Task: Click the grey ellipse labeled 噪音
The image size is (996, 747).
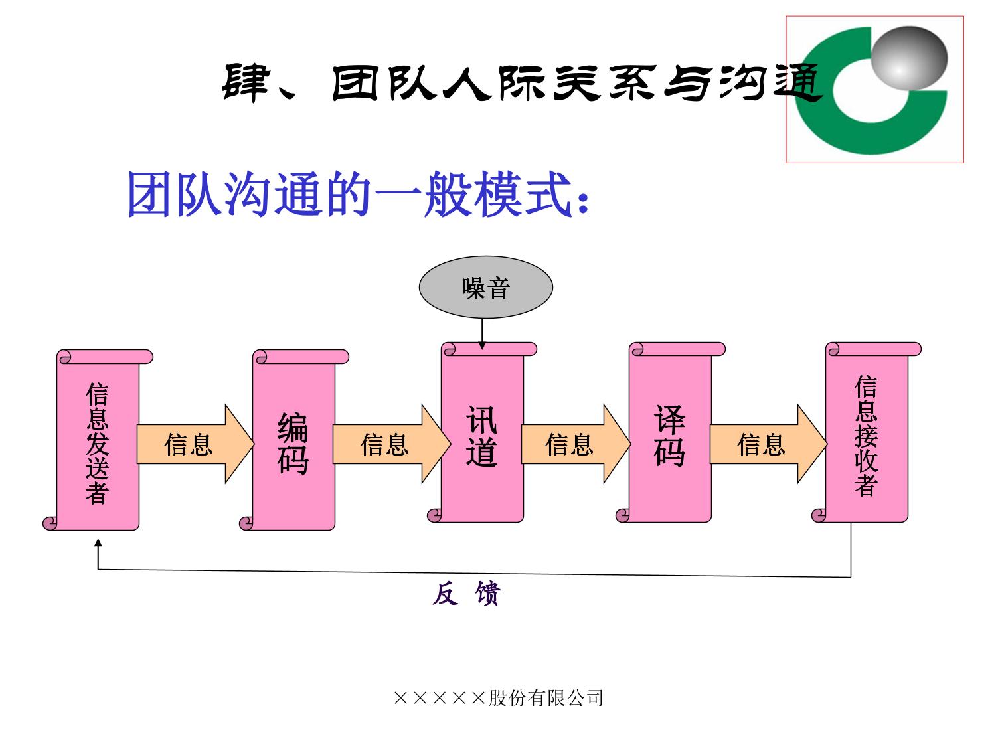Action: coord(485,288)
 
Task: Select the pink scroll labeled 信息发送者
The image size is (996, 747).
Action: coord(97,442)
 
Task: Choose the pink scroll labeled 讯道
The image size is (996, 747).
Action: coord(482,435)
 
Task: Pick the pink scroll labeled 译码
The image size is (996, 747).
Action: coord(669,435)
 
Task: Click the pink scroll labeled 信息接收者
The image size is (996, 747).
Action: coord(866,435)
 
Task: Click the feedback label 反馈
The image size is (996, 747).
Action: coord(465,594)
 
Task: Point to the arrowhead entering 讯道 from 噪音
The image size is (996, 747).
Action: coord(482,345)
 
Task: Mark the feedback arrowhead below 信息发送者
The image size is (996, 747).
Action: coord(98,543)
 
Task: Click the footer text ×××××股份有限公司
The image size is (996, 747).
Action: coord(498,698)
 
